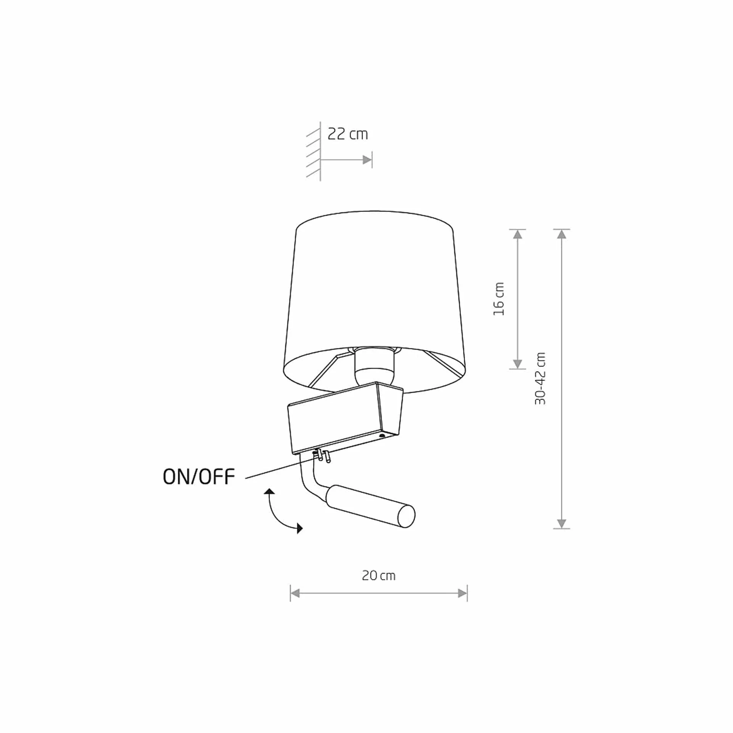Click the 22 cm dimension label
pyautogui.click(x=348, y=134)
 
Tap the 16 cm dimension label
pyautogui.click(x=499, y=299)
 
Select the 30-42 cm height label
pyautogui.click(x=541, y=379)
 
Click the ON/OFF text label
pyautogui.click(x=199, y=477)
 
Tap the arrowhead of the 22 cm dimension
pyautogui.click(x=367, y=160)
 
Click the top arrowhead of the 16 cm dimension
pyautogui.click(x=518, y=234)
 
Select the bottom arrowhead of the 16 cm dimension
pyautogui.click(x=518, y=364)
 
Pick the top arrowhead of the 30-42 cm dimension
pyautogui.click(x=561, y=234)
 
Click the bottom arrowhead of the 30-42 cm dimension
pyautogui.click(x=561, y=523)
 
